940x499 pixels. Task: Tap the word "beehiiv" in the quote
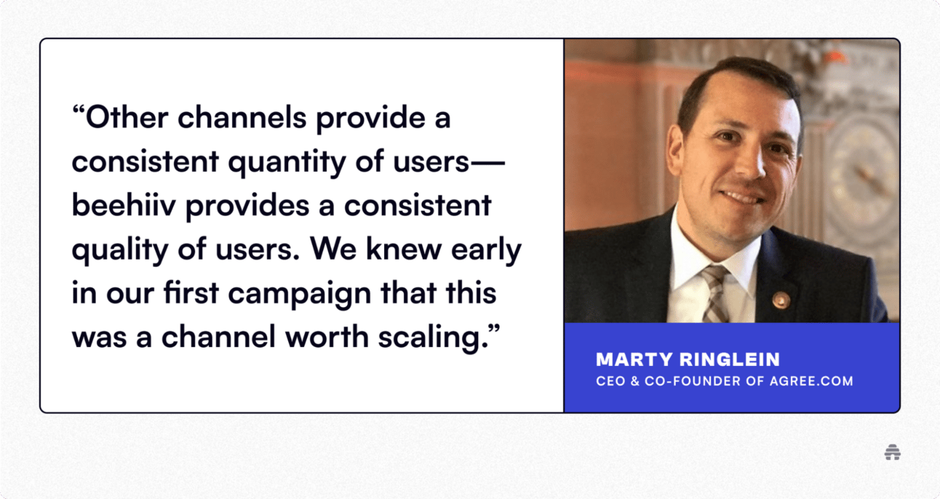(x=124, y=205)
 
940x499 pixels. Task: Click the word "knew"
(x=404, y=249)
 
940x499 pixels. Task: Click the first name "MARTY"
(x=634, y=359)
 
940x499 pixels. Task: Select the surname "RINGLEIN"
(x=730, y=359)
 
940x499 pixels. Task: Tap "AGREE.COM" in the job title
(x=811, y=381)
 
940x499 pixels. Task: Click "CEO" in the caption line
(x=610, y=381)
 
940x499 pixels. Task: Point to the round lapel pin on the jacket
(x=781, y=300)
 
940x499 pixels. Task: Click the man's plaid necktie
(x=715, y=294)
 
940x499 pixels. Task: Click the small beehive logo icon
(x=892, y=452)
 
